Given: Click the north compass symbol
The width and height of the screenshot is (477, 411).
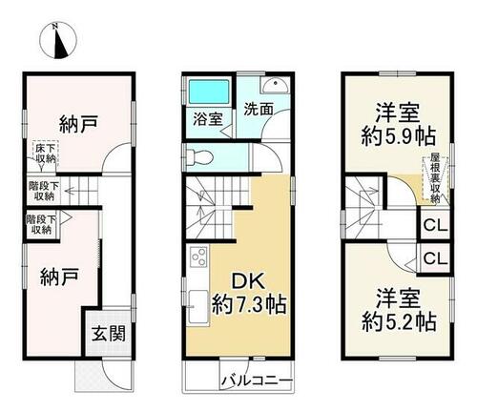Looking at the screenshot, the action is pyautogui.click(x=57, y=41).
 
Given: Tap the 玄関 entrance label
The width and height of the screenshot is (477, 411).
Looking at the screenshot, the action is pyautogui.click(x=109, y=334).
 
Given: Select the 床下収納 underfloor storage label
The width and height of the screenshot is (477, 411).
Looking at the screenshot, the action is pyautogui.click(x=46, y=154).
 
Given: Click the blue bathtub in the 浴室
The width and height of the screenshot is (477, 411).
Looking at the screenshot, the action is pyautogui.click(x=209, y=92).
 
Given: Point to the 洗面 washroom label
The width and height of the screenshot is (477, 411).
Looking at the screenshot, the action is pyautogui.click(x=259, y=110).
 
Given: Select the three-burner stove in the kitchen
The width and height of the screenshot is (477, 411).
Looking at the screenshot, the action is pyautogui.click(x=198, y=257).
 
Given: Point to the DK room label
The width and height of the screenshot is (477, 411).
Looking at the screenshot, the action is pyautogui.click(x=248, y=282).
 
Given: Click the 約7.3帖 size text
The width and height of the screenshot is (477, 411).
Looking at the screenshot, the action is pyautogui.click(x=249, y=304).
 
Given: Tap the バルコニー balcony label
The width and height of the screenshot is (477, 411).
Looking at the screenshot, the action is pyautogui.click(x=257, y=380).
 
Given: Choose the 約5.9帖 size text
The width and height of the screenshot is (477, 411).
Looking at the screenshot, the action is pyautogui.click(x=398, y=136).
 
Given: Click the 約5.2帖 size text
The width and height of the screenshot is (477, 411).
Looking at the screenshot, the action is pyautogui.click(x=399, y=321).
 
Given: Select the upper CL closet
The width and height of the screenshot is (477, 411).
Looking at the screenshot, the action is pyautogui.click(x=435, y=225).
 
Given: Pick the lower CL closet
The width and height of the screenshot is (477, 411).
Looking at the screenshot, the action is pyautogui.click(x=435, y=258).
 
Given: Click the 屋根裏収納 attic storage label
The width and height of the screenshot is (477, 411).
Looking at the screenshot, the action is pyautogui.click(x=435, y=178).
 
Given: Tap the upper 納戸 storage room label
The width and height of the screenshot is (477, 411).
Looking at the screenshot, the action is pyautogui.click(x=78, y=123).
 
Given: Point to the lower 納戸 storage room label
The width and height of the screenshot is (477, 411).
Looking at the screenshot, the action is pyautogui.click(x=59, y=277).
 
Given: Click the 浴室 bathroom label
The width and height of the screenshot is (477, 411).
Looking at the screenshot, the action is pyautogui.click(x=208, y=119).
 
